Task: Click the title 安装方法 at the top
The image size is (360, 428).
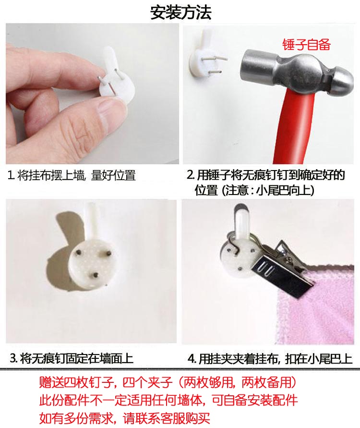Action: coord(181,12)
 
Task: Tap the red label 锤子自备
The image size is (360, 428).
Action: coord(306,45)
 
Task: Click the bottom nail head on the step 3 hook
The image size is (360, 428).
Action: coord(96,275)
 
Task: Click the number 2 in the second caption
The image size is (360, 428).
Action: coord(190,175)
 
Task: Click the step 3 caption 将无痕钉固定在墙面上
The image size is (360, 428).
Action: coord(77,358)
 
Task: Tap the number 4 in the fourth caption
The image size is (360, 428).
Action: coord(192,359)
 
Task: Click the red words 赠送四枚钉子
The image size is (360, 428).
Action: coord(76,383)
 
